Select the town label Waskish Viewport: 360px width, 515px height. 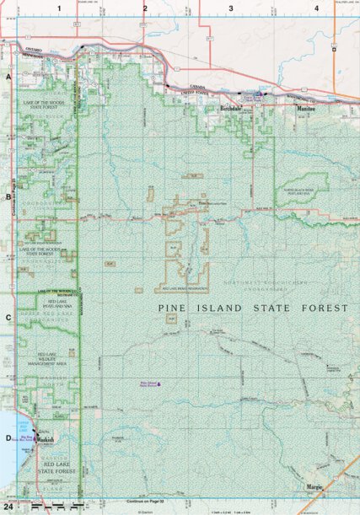point(45,440)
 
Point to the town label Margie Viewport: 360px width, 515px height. point(314,486)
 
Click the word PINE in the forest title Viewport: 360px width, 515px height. point(178,309)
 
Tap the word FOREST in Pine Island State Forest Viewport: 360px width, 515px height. point(324,309)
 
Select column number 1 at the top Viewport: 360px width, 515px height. point(59,8)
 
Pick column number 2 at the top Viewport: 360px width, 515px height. point(145,8)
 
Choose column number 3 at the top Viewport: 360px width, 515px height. point(230,8)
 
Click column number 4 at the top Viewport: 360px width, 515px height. point(316,8)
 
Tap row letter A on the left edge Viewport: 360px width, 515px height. point(8,77)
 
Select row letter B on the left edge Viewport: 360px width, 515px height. point(8,197)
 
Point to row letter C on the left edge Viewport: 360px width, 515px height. point(8,318)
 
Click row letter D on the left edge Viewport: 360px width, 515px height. point(8,437)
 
